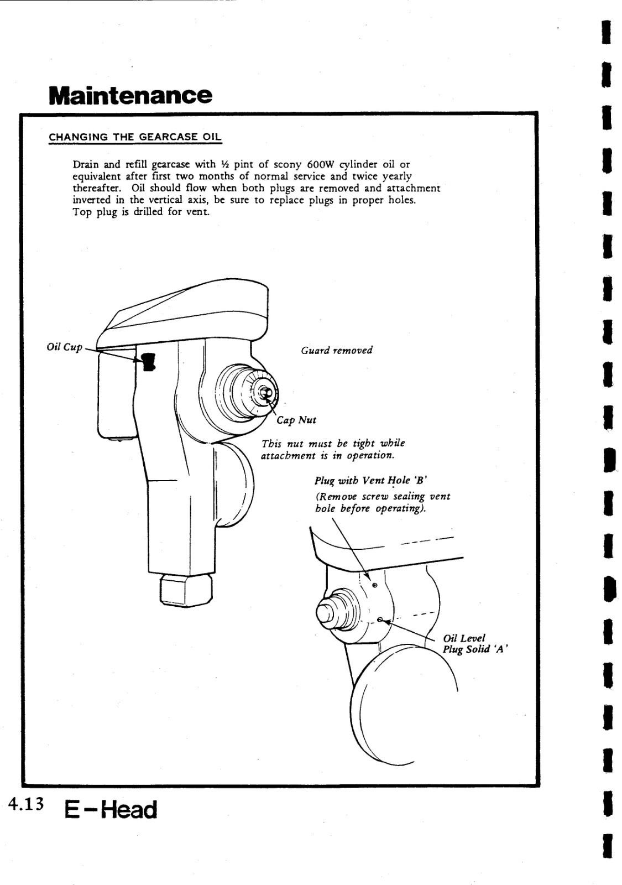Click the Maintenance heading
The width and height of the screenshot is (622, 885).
click(x=130, y=95)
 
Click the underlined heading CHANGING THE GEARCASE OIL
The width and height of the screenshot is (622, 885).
click(x=135, y=137)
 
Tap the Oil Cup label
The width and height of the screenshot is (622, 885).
click(x=64, y=347)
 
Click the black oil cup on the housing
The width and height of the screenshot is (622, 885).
click(x=148, y=362)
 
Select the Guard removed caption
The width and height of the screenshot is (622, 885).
click(x=336, y=350)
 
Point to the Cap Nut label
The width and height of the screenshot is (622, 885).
click(x=296, y=420)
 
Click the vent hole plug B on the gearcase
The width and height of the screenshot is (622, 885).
click(x=374, y=585)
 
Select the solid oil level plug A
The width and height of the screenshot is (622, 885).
click(x=380, y=619)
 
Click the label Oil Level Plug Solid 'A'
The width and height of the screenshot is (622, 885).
click(x=474, y=644)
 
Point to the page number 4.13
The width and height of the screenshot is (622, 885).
click(x=25, y=804)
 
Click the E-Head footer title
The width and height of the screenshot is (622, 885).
click(x=111, y=810)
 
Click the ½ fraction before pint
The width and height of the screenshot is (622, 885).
click(x=224, y=164)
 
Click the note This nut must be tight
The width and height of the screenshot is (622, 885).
click(x=333, y=449)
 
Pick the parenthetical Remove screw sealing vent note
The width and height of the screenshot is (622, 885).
click(x=382, y=502)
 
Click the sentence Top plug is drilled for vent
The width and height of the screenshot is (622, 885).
click(x=141, y=212)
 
